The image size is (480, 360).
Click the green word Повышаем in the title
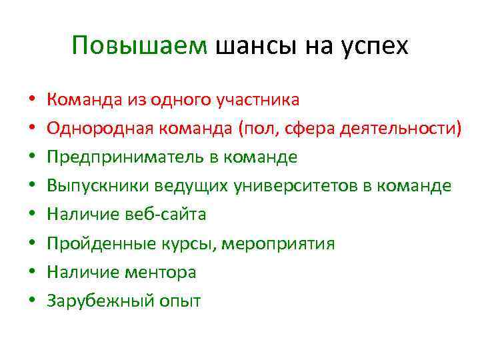(141, 46)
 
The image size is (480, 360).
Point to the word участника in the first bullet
(258, 100)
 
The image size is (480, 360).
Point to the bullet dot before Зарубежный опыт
(31, 301)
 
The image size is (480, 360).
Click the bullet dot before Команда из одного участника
(31, 100)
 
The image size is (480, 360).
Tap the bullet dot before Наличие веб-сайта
(31, 215)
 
